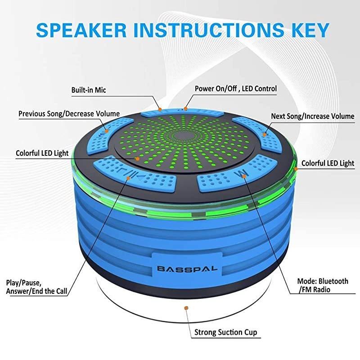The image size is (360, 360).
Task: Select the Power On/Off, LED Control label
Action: [235, 88]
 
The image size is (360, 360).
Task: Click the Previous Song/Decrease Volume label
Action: [69, 113]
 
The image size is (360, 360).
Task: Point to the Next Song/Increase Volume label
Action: [312, 116]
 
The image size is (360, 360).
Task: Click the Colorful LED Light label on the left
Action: [43, 153]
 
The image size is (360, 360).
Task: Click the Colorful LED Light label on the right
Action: [328, 163]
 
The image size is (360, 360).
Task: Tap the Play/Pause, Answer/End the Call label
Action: [37, 287]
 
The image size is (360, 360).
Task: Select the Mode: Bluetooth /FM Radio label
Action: [323, 285]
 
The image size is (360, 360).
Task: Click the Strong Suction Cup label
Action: [225, 333]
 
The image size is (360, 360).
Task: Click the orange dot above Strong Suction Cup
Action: [185, 308]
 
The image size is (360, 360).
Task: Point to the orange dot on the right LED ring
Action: [296, 169]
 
